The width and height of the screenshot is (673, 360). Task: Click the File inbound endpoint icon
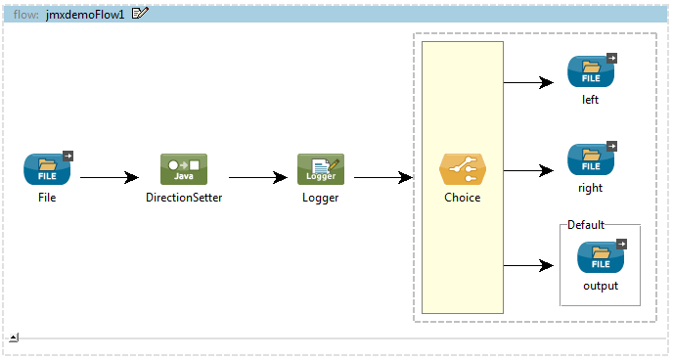pos(48,168)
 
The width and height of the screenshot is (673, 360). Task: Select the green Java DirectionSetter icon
pos(184,169)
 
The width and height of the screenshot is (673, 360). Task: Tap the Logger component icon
pos(321,169)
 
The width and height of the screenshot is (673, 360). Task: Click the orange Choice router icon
pos(463,169)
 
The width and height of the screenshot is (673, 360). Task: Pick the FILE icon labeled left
pos(592,71)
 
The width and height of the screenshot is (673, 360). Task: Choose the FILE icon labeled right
pos(592,159)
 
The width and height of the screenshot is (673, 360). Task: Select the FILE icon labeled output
pos(602,257)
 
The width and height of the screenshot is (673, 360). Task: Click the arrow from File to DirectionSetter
pos(110,177)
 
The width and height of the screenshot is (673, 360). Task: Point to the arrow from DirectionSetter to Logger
pos(258,177)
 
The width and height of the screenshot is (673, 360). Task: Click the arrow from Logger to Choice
pos(383,177)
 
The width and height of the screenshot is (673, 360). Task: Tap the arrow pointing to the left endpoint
pos(528,82)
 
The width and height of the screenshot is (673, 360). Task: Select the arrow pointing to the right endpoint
pos(528,171)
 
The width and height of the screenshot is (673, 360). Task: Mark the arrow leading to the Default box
pos(528,266)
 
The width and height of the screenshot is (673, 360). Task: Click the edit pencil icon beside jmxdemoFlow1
pos(140,14)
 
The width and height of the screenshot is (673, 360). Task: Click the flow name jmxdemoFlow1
pos(85,15)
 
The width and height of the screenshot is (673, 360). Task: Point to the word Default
pos(586,225)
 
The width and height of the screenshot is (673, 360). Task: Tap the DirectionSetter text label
pos(184,198)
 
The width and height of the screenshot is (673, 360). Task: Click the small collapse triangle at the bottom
pos(14,337)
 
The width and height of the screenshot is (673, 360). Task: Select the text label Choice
pos(463,198)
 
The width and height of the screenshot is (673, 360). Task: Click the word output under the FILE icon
pos(601,286)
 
